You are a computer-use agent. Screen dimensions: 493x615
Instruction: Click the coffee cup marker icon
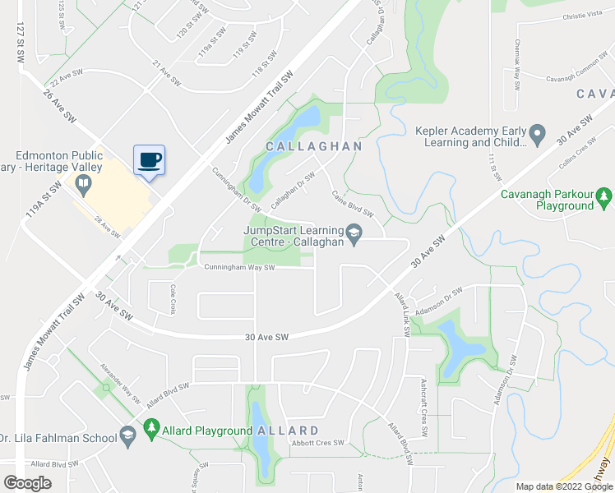149,159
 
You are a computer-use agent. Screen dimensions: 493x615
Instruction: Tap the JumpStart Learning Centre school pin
354,234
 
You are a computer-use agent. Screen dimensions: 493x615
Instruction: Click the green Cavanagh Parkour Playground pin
604,196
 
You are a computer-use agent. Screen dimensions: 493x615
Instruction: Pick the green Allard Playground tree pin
150,428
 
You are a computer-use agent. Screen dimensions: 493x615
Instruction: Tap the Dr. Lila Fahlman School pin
127,438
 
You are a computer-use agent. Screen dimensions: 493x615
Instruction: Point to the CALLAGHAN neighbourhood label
313,146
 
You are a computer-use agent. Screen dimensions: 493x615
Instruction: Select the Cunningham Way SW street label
234,267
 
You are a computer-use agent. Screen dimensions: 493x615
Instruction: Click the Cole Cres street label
173,299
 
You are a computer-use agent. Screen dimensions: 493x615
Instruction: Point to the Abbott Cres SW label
317,443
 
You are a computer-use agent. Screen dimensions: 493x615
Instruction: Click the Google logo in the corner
27,483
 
